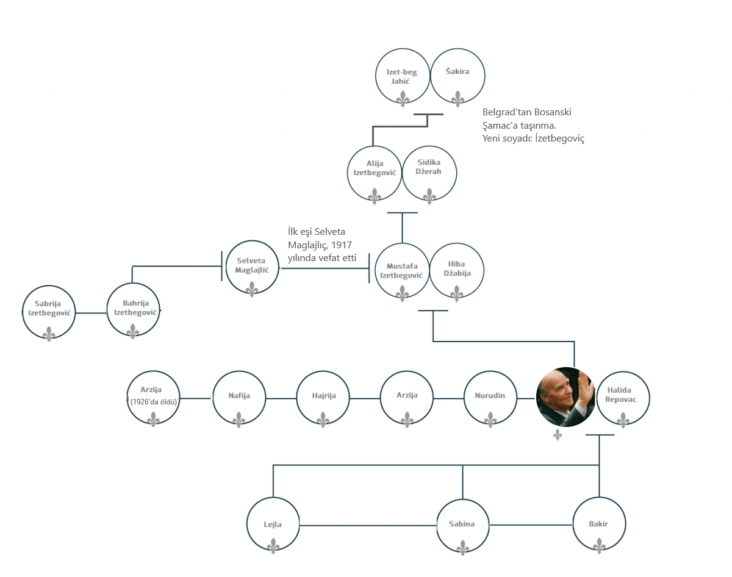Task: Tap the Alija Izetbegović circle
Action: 375,173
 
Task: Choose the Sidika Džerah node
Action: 429,173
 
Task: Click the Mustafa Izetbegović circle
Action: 402,271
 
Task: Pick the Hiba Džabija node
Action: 457,271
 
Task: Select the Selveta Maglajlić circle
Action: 252,266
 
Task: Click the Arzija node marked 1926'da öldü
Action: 154,399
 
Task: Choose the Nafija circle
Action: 239,399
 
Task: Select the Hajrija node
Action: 323,399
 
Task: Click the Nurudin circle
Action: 490,399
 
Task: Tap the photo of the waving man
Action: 565,397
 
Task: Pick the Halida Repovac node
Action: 623,399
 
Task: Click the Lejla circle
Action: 273,525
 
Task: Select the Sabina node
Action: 462,525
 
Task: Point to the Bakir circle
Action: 599,525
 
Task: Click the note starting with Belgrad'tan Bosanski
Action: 533,125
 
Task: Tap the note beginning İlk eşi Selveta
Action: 321,245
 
